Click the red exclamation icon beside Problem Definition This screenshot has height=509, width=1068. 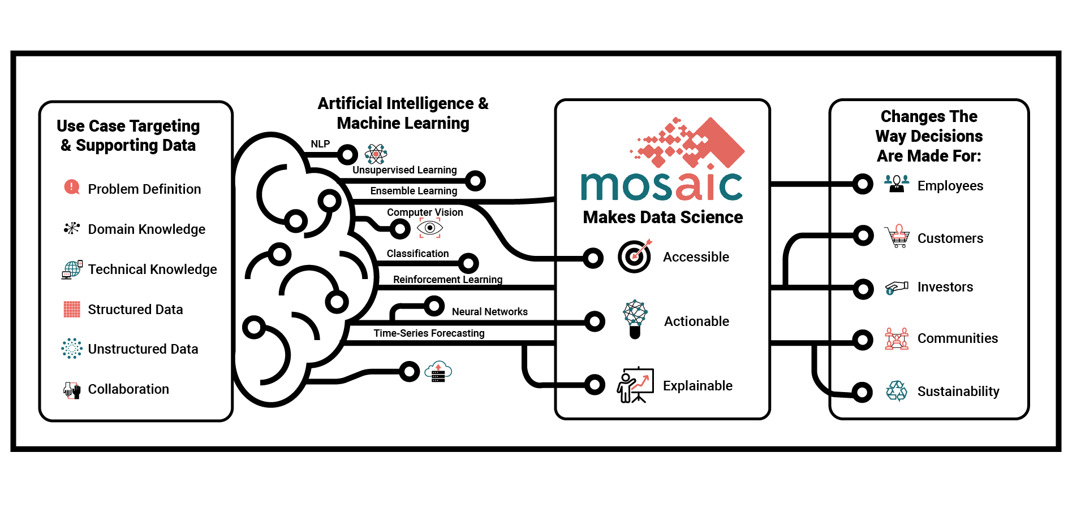[72, 187]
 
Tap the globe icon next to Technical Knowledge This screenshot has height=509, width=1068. [72, 269]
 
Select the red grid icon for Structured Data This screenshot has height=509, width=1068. [72, 309]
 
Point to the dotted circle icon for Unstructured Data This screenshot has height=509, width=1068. [72, 349]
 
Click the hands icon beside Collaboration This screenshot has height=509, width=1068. [72, 390]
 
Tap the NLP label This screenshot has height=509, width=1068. [320, 144]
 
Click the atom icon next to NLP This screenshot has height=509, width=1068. [376, 154]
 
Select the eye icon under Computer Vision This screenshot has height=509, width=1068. [430, 228]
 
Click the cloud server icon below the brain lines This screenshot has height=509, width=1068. [438, 372]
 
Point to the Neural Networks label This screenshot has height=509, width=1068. [490, 312]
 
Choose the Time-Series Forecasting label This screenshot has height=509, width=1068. [429, 333]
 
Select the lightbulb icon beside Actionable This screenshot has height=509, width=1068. [635, 319]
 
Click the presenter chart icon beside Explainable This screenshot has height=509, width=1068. [635, 385]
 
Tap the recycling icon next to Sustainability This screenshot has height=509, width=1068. [897, 391]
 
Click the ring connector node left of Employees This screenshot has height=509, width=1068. [863, 184]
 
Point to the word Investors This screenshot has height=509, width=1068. [945, 287]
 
